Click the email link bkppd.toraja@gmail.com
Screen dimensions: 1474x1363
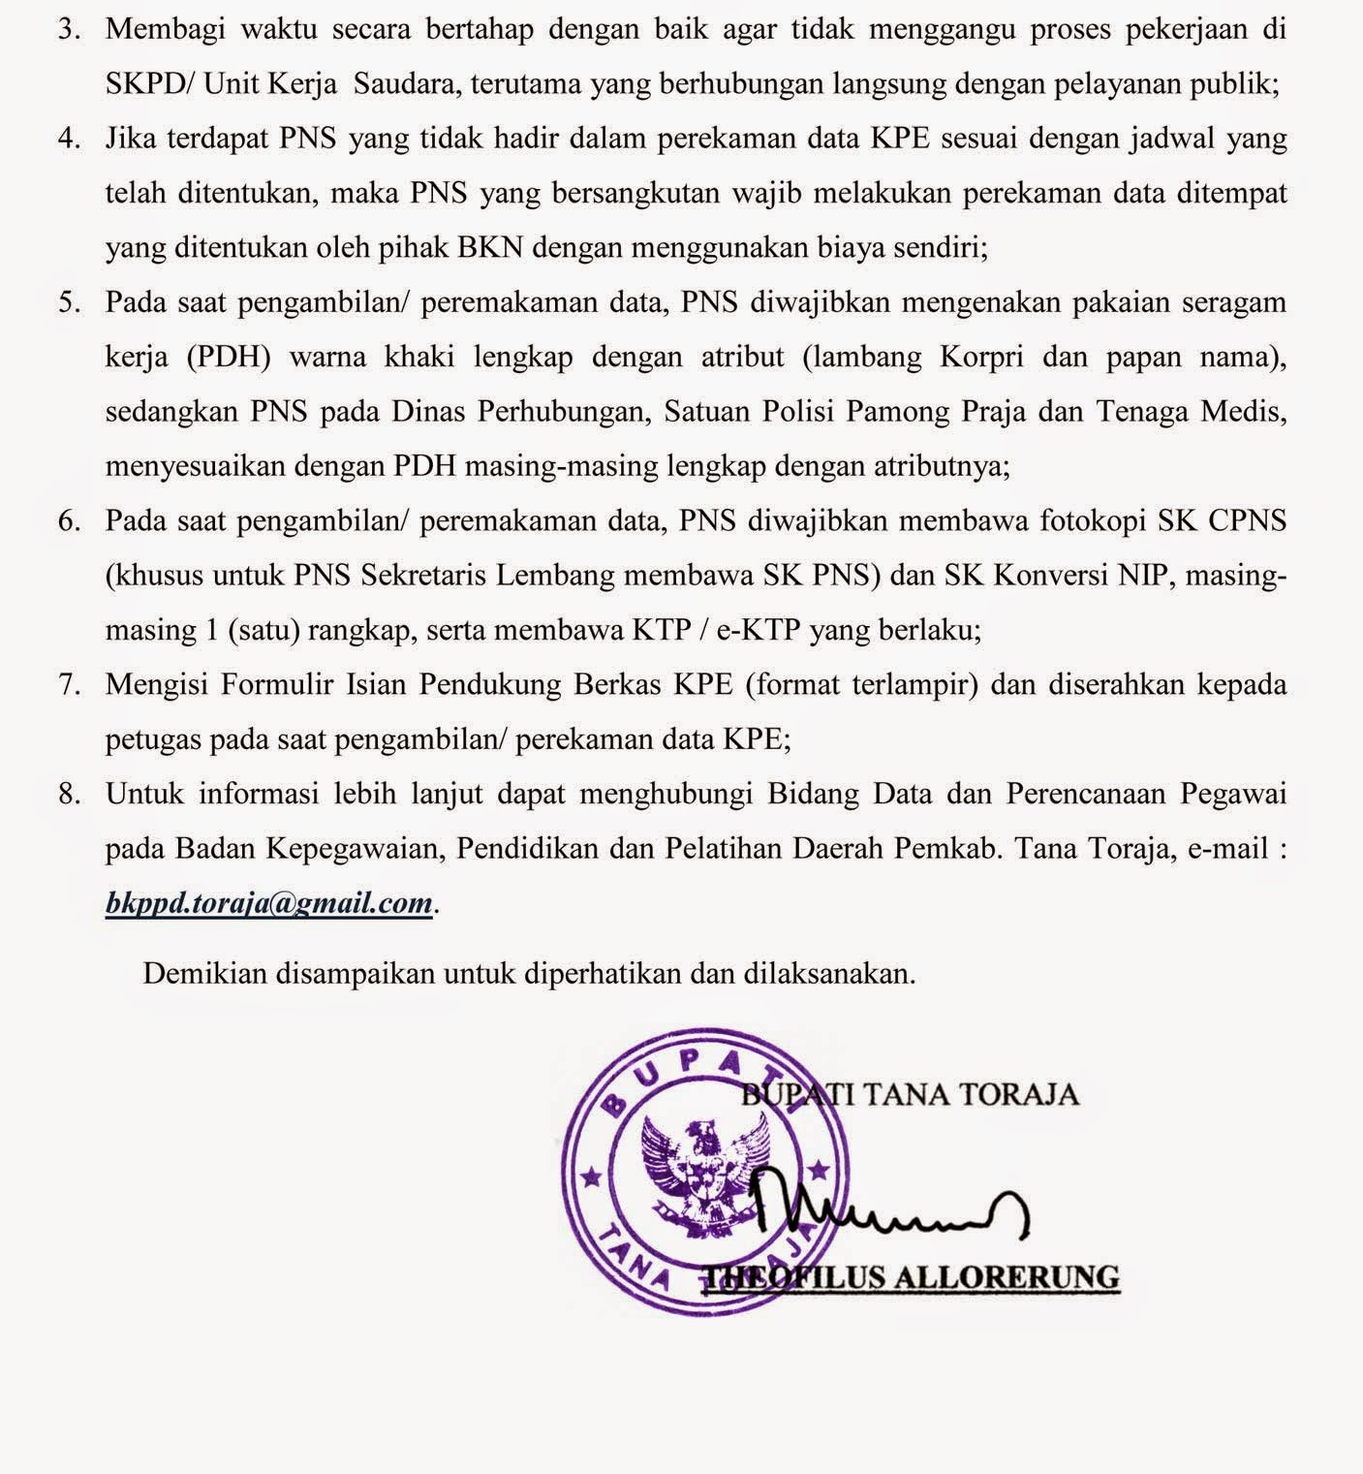click(x=269, y=903)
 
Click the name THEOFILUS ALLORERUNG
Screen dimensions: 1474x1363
click(x=911, y=1277)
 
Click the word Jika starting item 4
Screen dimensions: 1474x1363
click(x=130, y=139)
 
